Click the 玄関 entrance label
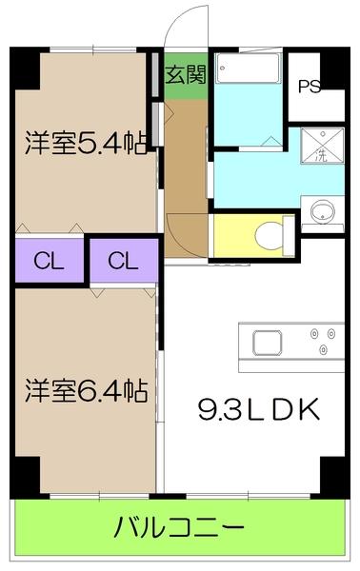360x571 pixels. point(185,75)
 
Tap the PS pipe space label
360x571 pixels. point(308,87)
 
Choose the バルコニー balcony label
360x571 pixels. point(180,525)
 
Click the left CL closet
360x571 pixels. point(49,260)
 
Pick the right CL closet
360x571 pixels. point(121,260)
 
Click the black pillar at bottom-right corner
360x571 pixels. point(332,473)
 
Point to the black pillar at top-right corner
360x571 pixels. point(332,67)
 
